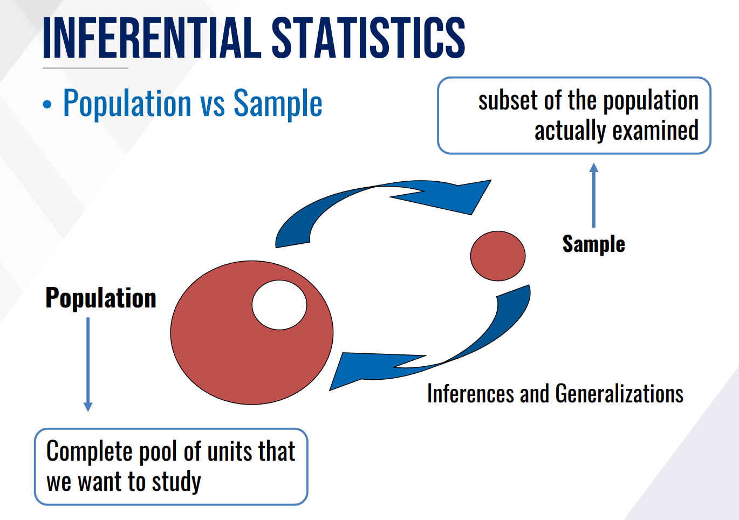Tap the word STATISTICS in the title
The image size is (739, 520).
click(x=368, y=37)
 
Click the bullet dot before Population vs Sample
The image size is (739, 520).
click(x=47, y=104)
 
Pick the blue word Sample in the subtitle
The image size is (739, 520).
click(x=278, y=103)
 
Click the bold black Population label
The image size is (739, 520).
click(x=101, y=298)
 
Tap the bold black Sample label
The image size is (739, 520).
click(x=593, y=244)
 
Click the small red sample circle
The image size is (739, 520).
click(x=498, y=256)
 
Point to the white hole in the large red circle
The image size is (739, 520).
click(x=279, y=305)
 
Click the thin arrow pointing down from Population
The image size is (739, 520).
click(x=88, y=364)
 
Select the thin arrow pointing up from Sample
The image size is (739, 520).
click(x=594, y=195)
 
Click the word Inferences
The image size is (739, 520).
click(x=470, y=393)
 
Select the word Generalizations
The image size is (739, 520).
click(x=619, y=393)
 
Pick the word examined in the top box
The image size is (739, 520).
click(x=655, y=131)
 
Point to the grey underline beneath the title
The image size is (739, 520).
click(x=85, y=69)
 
